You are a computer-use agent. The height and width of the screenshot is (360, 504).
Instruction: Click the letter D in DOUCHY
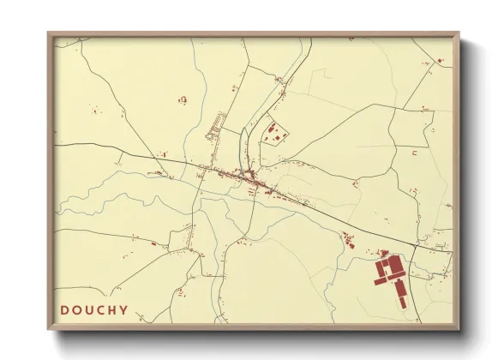pos(64,309)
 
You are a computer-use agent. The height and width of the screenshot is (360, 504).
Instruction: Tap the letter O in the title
pos(77,309)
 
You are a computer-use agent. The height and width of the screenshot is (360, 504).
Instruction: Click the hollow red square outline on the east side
pos(414,153)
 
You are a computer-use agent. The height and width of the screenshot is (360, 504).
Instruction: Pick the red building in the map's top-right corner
pos(440,61)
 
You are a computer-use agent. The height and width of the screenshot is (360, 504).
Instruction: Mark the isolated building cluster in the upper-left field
pos(183,100)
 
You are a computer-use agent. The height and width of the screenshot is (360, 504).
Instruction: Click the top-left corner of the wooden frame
pos(49,34)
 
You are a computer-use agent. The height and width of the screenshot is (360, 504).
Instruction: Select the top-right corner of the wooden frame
pos(458,34)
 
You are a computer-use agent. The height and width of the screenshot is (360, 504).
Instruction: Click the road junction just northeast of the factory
pos(413,248)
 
